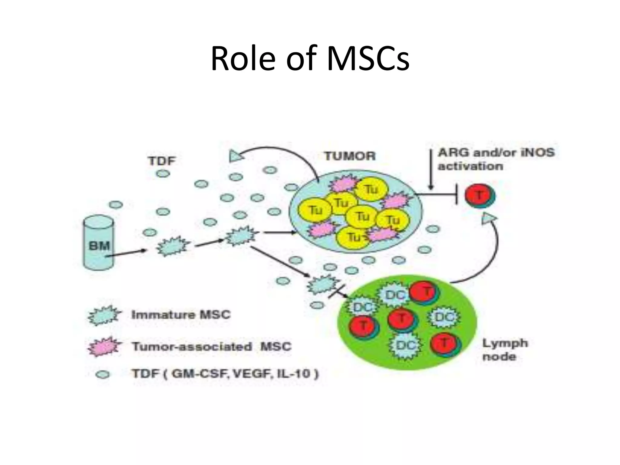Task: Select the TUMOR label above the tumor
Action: [x=350, y=156]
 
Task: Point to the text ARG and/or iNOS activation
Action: [x=496, y=159]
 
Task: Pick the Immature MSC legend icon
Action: [x=104, y=315]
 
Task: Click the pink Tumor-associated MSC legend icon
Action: [x=104, y=346]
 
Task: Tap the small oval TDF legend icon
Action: [x=103, y=374]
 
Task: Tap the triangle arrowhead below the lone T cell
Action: [x=488, y=218]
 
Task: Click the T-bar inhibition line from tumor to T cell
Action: [x=439, y=194]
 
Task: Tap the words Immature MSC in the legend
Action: [x=181, y=315]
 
